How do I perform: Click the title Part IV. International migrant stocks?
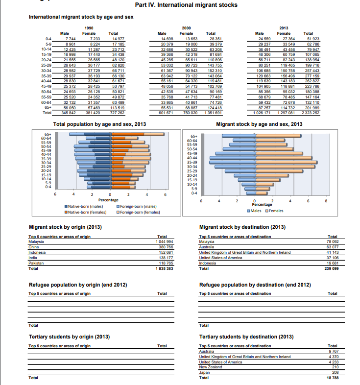[186, 5]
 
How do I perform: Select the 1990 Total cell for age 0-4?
[119, 39]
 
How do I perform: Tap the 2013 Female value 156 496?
[288, 76]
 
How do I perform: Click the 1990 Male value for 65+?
[70, 108]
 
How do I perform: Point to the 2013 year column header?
[284, 28]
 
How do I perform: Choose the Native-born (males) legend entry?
[84, 207]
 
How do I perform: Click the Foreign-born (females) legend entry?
[138, 212]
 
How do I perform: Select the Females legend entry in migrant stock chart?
[274, 211]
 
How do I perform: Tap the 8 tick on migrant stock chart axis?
[326, 201]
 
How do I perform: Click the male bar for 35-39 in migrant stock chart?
[233, 162]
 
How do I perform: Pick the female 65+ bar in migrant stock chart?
[279, 136]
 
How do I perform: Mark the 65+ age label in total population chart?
[48, 134]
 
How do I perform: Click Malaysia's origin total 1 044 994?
[164, 241]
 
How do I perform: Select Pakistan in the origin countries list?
[36, 263]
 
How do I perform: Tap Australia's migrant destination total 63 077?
[333, 247]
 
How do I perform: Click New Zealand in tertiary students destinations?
[211, 367]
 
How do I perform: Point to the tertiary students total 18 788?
[333, 378]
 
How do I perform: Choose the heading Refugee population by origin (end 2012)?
[78, 285]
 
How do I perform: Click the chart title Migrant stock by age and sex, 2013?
[259, 124]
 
